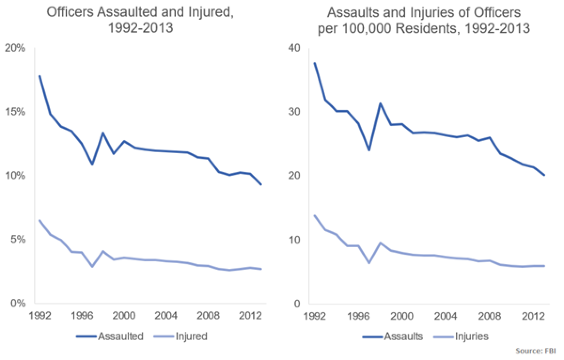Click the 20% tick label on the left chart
(16, 48)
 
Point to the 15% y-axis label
(16, 112)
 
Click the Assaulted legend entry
(120, 337)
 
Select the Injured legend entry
(191, 337)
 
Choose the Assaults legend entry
(404, 337)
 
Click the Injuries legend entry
(471, 337)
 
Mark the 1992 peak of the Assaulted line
(39, 76)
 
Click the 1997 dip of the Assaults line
(369, 150)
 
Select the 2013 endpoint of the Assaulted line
(261, 185)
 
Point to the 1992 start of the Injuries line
(314, 215)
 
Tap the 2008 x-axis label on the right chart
(489, 315)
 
